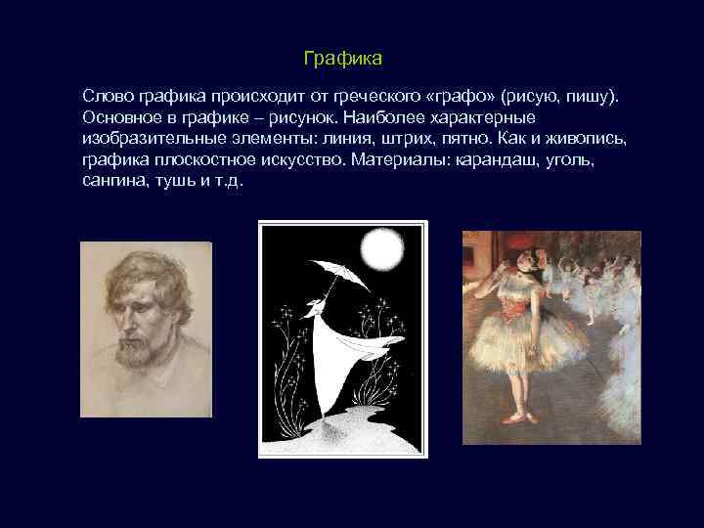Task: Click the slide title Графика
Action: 342,60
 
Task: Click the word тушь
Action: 178,181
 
